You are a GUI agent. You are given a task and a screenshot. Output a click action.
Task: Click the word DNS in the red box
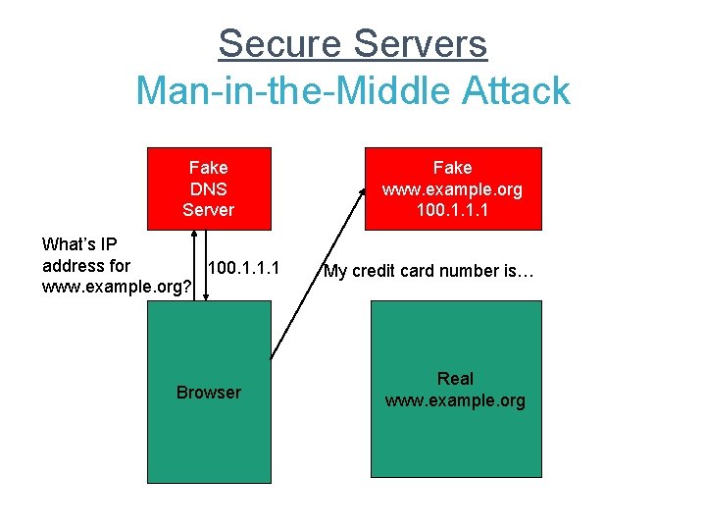click(x=208, y=188)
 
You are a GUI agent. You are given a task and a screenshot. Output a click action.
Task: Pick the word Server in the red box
click(x=208, y=210)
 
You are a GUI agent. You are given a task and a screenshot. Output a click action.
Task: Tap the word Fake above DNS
click(x=208, y=168)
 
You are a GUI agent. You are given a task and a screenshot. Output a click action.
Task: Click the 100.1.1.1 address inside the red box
click(x=452, y=210)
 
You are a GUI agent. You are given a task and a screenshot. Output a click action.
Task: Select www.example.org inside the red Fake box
click(x=452, y=189)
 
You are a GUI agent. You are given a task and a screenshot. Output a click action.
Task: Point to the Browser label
click(x=208, y=393)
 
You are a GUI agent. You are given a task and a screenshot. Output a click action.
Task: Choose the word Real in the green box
click(x=455, y=379)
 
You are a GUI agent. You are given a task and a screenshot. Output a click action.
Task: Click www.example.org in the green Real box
click(x=455, y=400)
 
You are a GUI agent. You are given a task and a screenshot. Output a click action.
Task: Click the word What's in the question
click(x=69, y=243)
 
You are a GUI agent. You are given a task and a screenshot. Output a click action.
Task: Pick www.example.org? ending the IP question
click(x=117, y=288)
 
